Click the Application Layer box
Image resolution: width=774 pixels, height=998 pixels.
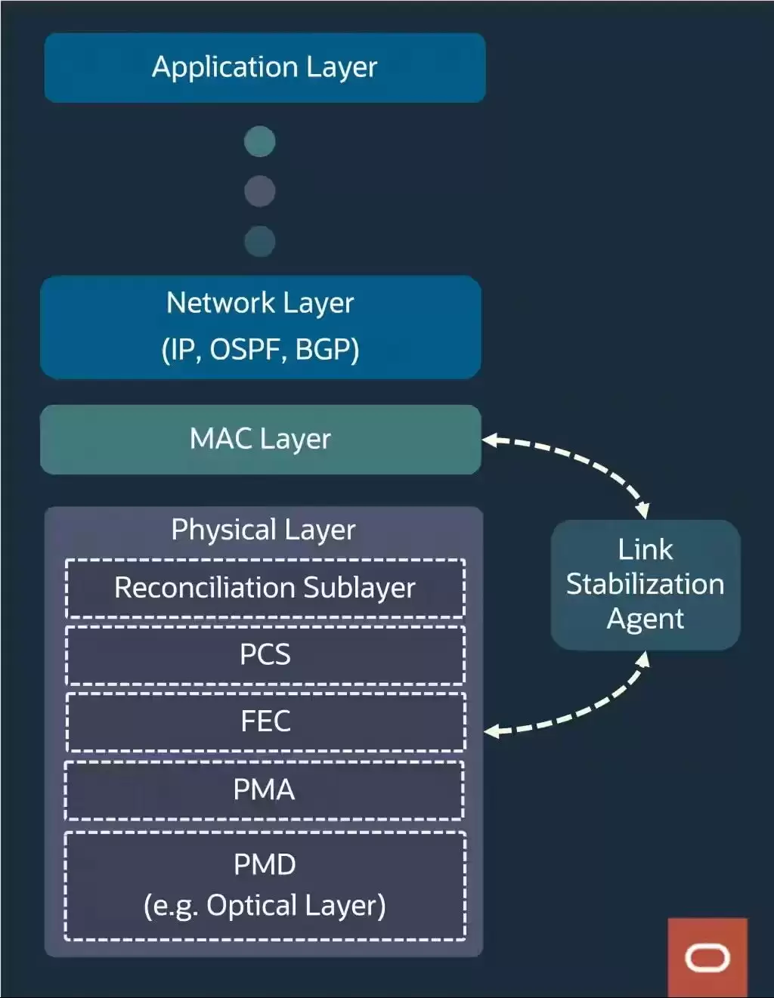point(265,67)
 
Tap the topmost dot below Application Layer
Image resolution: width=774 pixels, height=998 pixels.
point(259,141)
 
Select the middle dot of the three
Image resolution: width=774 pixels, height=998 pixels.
point(259,191)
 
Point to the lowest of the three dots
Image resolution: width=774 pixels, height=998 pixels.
point(259,241)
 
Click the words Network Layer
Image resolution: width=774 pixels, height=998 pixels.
point(260,304)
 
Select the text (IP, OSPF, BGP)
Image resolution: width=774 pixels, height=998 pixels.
point(261,350)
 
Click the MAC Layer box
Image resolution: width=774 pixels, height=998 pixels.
point(261,440)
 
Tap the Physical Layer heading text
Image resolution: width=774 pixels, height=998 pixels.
point(263,530)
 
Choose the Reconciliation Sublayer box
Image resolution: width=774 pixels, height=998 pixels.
point(265,589)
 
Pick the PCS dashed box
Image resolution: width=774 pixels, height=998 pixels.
point(265,655)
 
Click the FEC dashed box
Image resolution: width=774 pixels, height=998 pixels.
point(266,722)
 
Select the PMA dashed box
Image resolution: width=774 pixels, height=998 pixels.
point(264,790)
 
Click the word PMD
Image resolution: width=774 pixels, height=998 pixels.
point(265,865)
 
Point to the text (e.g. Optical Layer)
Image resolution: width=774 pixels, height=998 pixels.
point(265,907)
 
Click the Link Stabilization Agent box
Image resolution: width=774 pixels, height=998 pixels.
point(646,585)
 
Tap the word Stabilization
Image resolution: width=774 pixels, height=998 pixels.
point(646,584)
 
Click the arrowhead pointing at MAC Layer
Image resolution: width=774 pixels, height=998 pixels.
point(490,440)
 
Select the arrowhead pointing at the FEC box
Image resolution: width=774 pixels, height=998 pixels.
point(492,731)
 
